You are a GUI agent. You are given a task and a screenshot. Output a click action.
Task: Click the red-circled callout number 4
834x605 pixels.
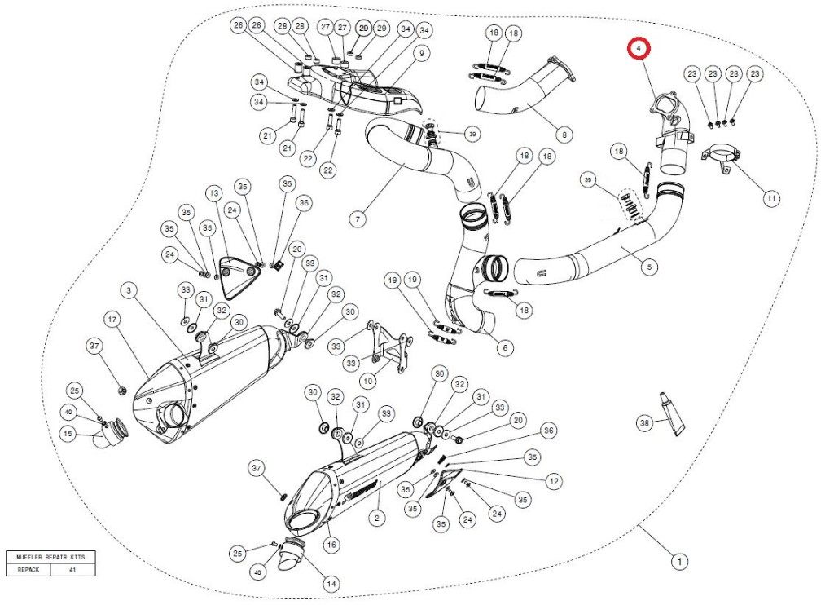(639, 49)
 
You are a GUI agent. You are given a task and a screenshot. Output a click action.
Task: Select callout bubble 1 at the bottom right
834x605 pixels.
(677, 561)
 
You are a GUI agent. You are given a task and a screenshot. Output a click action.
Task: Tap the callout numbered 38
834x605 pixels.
(646, 422)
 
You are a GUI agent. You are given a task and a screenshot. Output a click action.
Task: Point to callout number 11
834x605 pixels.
(770, 198)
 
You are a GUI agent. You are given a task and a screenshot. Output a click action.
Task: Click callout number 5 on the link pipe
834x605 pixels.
(649, 265)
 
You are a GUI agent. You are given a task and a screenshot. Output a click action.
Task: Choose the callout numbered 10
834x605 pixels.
(367, 380)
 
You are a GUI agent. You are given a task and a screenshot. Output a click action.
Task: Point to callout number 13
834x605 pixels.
(213, 193)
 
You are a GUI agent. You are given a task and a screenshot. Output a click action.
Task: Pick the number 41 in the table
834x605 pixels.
(72, 570)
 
